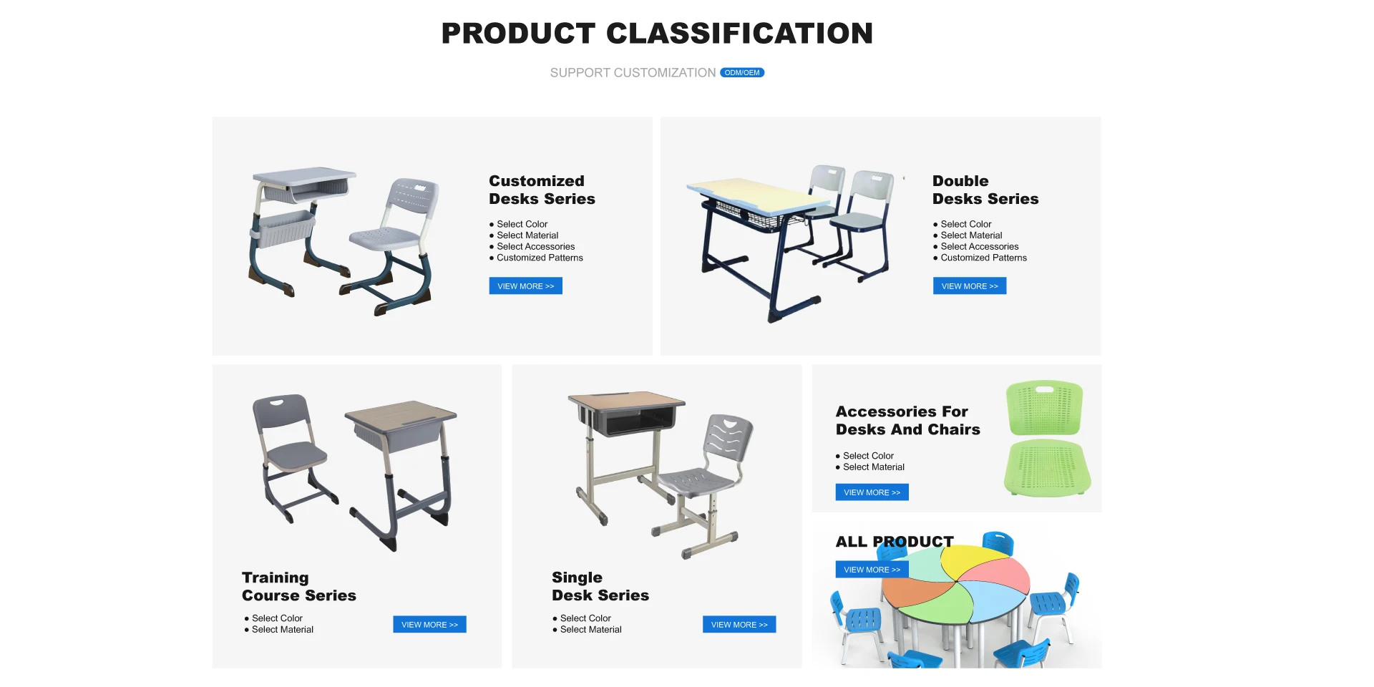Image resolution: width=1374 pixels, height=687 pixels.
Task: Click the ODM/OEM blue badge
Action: (x=742, y=72)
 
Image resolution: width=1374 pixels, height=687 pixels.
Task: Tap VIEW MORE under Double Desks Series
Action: (x=970, y=286)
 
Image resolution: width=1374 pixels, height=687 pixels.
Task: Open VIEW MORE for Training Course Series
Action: (x=429, y=625)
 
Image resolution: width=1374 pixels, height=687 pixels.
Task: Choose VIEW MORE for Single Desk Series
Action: (x=739, y=625)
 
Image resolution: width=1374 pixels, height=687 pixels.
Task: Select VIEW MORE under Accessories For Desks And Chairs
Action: (x=872, y=492)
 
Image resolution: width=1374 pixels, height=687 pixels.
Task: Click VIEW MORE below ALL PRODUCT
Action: (x=872, y=570)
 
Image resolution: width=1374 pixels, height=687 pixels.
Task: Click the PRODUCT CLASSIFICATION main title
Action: (x=657, y=33)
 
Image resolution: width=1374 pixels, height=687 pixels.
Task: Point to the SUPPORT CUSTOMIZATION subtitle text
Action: (x=633, y=73)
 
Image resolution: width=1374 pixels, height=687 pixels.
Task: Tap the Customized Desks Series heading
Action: (x=542, y=190)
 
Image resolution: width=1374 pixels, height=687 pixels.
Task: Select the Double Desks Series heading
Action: (x=985, y=190)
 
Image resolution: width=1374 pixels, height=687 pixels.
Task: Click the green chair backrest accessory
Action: (x=1045, y=408)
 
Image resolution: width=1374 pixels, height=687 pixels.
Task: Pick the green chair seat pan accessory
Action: (x=1048, y=469)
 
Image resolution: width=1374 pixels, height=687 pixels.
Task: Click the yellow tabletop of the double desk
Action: (x=751, y=195)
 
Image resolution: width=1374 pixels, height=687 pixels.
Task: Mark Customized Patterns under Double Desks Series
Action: (x=983, y=258)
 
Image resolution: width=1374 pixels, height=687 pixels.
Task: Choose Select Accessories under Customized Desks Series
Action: (x=535, y=247)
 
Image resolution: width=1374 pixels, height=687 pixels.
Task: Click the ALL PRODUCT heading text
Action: (x=895, y=542)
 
